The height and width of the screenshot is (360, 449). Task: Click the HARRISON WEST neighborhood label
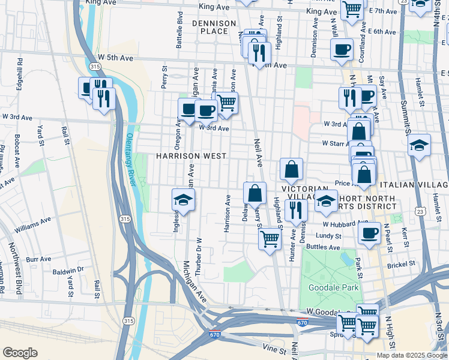(x=191, y=156)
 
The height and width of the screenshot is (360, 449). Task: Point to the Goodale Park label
(x=333, y=288)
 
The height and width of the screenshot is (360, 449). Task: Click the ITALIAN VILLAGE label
(x=414, y=184)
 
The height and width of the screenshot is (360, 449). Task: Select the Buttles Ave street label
(x=324, y=247)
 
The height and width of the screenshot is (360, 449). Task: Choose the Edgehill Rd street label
(x=20, y=70)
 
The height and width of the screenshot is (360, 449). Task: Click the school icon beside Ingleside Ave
(x=184, y=200)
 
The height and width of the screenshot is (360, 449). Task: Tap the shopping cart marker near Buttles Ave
(x=270, y=238)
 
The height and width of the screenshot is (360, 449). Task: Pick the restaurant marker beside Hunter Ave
(x=296, y=209)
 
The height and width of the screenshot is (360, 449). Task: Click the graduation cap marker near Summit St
(x=419, y=146)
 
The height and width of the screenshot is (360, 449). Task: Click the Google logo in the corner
(x=20, y=353)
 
